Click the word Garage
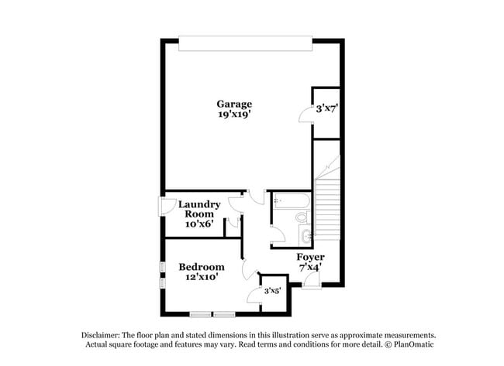(x=233, y=104)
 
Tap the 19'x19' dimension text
(x=233, y=114)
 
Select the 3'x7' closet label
(x=326, y=109)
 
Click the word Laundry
(x=199, y=204)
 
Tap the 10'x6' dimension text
(x=198, y=224)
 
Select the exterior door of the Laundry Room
(x=164, y=207)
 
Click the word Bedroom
(x=202, y=267)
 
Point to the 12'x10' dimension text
(x=202, y=277)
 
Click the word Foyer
(x=310, y=257)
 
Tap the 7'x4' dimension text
(x=310, y=267)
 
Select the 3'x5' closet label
(x=271, y=291)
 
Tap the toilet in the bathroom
(x=302, y=218)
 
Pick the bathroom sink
(x=306, y=235)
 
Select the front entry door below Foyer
(x=310, y=284)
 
